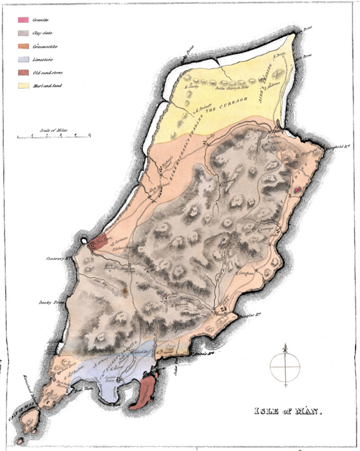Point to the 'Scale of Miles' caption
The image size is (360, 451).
53,130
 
